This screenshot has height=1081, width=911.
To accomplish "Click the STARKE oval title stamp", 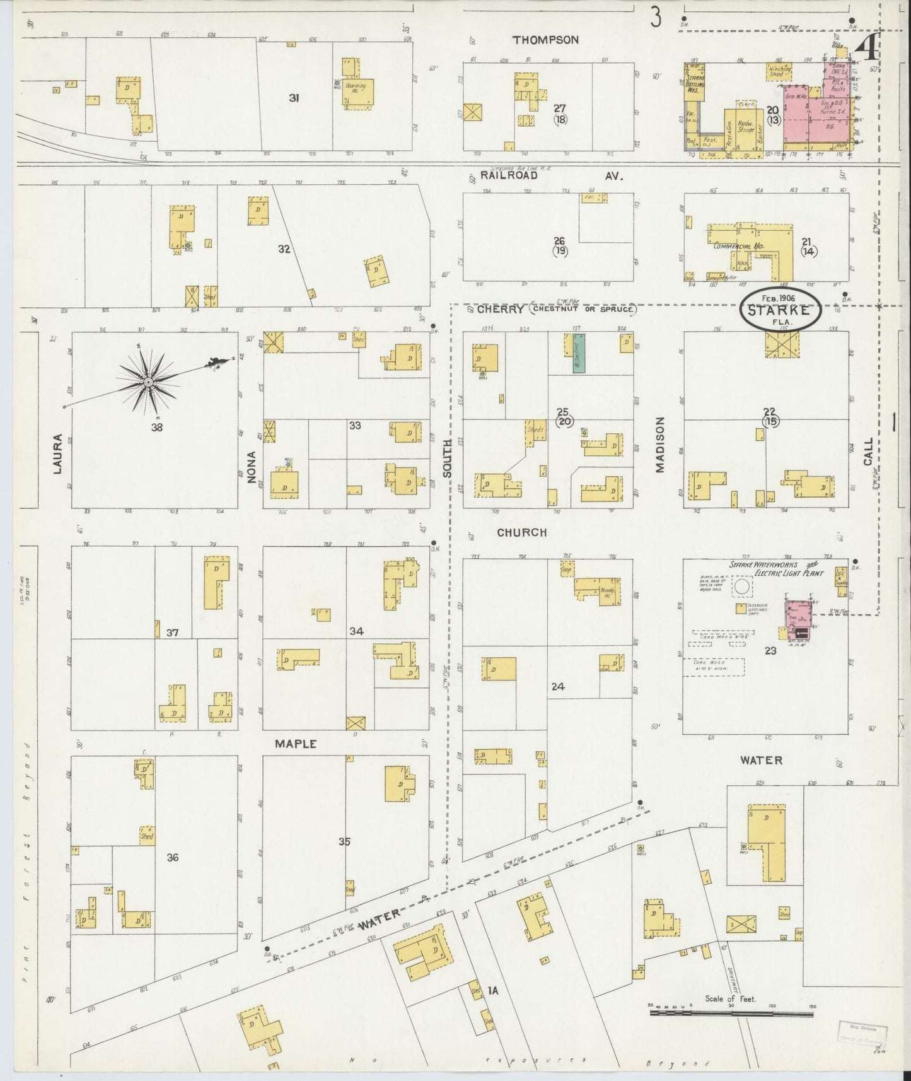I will pyautogui.click(x=780, y=310).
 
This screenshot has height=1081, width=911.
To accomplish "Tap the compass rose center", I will pyautogui.click(x=148, y=382).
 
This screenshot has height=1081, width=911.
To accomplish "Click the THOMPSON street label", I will pyautogui.click(x=545, y=40).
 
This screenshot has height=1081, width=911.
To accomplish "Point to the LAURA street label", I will pyautogui.click(x=57, y=453).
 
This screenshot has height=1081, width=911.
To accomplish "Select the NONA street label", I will pyautogui.click(x=252, y=467).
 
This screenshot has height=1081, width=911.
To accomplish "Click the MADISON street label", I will pyautogui.click(x=660, y=444).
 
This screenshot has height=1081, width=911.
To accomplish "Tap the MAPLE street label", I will pyautogui.click(x=295, y=744).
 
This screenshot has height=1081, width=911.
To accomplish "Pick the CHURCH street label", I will pyautogui.click(x=521, y=532).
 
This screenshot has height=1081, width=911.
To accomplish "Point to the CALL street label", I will pyautogui.click(x=868, y=452).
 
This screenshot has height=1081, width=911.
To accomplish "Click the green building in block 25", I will pyautogui.click(x=579, y=354).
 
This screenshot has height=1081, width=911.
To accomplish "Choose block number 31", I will pyautogui.click(x=294, y=98).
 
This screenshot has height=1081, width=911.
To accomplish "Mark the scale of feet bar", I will pyautogui.click(x=731, y=1013).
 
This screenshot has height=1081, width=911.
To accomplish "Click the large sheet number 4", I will pyautogui.click(x=868, y=47).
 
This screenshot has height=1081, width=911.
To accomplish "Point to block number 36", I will pyautogui.click(x=173, y=857).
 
